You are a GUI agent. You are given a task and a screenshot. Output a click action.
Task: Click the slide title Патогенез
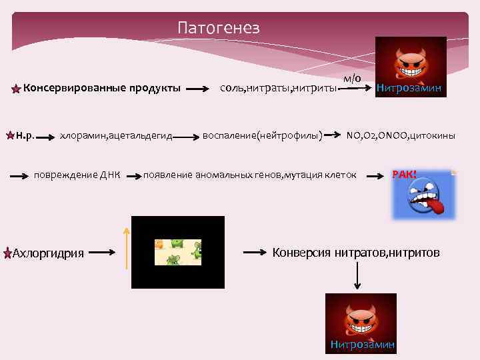(218, 27)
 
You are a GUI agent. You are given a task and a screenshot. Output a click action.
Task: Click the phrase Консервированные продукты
(102, 88)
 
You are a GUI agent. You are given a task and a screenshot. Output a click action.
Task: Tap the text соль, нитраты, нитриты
(278, 88)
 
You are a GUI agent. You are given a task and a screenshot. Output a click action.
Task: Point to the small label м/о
(353, 78)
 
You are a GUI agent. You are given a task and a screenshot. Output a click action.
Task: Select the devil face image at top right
(410, 67)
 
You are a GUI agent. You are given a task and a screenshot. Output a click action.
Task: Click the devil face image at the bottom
(360, 323)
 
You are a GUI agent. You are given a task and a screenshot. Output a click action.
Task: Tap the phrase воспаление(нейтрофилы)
(263, 136)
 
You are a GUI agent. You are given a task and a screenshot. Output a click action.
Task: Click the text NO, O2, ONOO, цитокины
(401, 136)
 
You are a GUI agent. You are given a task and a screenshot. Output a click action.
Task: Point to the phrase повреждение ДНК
(77, 175)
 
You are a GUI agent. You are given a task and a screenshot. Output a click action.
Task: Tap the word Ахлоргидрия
(49, 253)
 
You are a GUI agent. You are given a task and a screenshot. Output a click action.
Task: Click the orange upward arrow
(126, 246)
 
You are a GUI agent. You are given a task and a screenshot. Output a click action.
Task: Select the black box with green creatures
(177, 252)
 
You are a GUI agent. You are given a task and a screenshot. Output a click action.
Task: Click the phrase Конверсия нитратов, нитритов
(356, 253)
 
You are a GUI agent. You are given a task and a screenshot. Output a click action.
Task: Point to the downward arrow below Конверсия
(358, 275)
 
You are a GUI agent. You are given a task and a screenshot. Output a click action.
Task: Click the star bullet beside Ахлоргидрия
(7, 253)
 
